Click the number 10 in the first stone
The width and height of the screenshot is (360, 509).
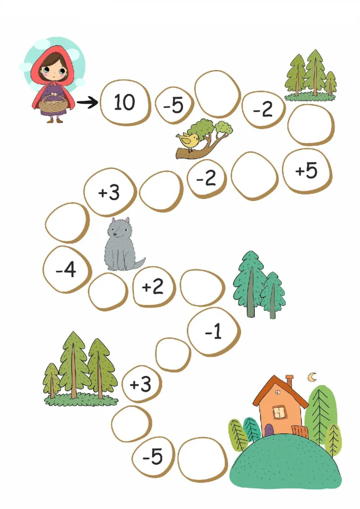click(x=124, y=102)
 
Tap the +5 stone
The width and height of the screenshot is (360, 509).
click(x=307, y=171)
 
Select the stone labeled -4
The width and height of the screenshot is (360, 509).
click(x=67, y=269)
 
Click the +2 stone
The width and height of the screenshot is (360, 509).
click(x=153, y=287)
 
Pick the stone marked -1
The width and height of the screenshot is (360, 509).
click(x=214, y=331)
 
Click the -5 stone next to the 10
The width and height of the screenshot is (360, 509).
click(x=174, y=105)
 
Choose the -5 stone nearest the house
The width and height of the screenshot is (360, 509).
click(x=153, y=457)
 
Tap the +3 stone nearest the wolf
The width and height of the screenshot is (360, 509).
click(x=109, y=192)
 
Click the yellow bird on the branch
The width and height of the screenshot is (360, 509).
click(x=188, y=141)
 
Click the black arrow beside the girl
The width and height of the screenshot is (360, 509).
click(x=87, y=103)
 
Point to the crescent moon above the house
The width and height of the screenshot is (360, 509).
click(x=312, y=377)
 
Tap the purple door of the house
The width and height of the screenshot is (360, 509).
click(x=269, y=430)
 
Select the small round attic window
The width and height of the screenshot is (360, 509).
click(x=278, y=393)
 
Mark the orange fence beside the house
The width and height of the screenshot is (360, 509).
click(x=300, y=431)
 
